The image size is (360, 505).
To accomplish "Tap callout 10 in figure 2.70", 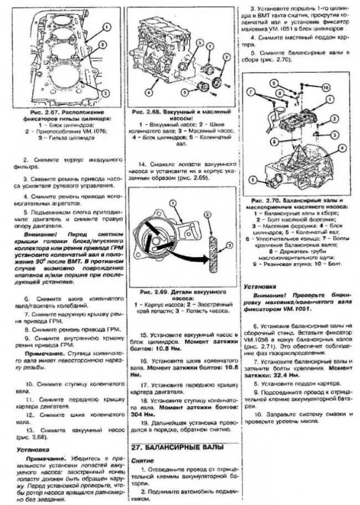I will [x=326, y=88].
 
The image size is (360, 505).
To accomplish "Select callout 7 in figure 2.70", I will [x=251, y=91].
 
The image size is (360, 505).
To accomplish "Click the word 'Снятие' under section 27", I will [x=143, y=461].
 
